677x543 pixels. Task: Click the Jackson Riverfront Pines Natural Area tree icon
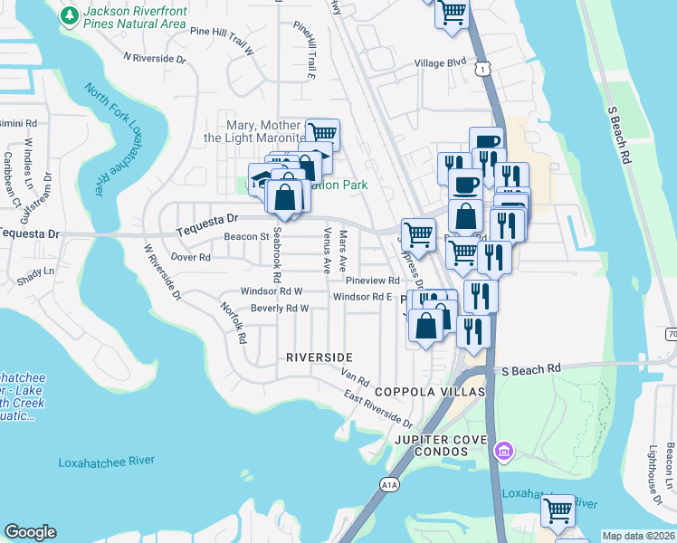(69, 15)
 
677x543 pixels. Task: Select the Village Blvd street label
(440, 63)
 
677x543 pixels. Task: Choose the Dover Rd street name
(191, 257)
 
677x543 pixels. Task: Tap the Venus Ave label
(326, 251)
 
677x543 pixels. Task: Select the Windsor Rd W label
(271, 291)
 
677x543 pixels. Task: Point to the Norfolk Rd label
(234, 323)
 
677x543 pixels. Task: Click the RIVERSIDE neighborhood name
(319, 357)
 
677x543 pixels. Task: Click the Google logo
(30, 532)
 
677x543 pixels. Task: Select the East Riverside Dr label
(377, 409)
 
